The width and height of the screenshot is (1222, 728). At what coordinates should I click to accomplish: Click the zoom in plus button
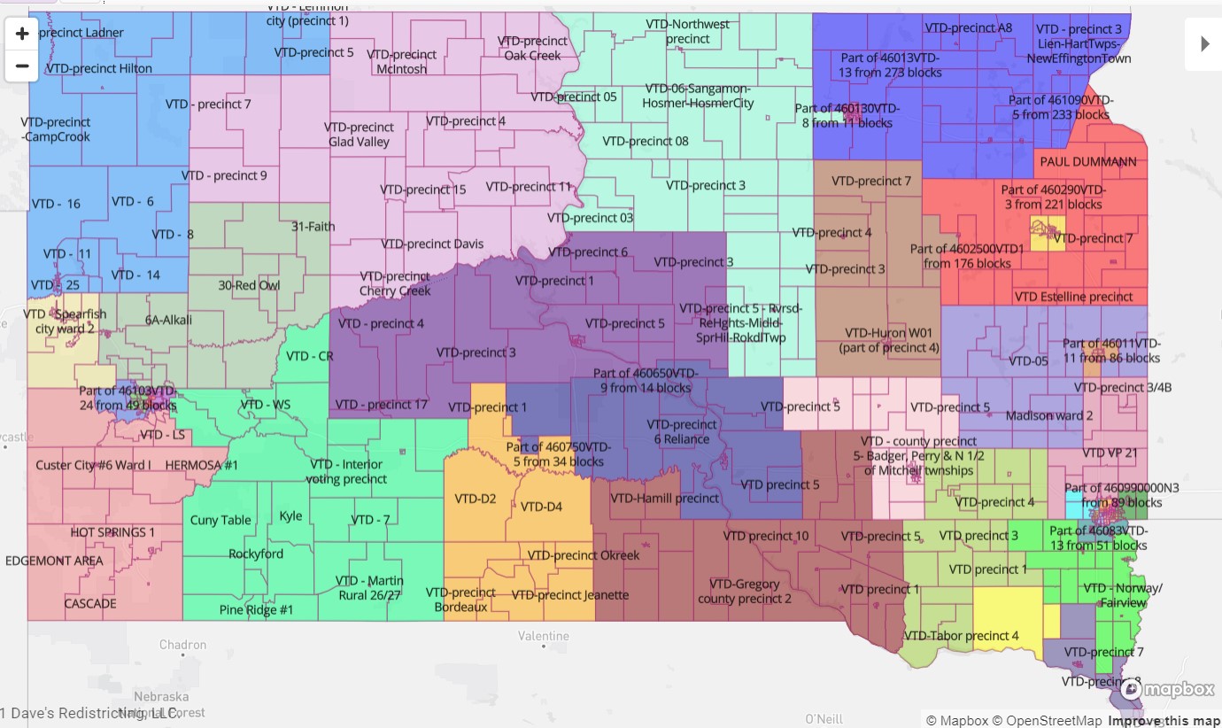tap(22, 35)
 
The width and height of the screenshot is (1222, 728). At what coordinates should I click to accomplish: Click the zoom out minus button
tap(22, 66)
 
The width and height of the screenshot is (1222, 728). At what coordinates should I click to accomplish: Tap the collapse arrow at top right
tap(1204, 43)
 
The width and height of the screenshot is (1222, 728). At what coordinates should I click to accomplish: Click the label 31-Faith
tap(313, 226)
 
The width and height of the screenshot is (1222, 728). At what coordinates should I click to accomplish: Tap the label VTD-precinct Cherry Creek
tap(395, 283)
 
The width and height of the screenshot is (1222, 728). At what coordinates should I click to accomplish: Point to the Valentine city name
tap(544, 636)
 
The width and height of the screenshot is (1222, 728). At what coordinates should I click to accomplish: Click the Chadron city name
tap(182, 645)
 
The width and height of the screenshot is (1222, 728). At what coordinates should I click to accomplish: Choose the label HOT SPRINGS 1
tap(112, 532)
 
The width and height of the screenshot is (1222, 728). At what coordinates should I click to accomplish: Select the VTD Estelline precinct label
tap(1073, 297)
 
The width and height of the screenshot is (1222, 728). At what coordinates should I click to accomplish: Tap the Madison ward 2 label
tap(1049, 415)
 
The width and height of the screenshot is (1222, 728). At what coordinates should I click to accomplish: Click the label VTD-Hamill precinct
tap(665, 498)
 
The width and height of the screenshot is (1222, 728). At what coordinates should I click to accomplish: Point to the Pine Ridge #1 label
tap(256, 609)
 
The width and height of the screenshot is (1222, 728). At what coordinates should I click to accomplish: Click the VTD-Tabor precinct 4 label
tap(961, 635)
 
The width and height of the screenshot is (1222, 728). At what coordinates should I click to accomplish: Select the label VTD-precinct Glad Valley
tap(359, 135)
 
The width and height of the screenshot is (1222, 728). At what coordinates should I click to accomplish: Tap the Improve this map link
tap(1164, 720)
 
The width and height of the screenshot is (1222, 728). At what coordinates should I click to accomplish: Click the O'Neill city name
tap(824, 718)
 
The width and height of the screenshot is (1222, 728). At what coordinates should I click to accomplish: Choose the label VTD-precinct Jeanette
tap(570, 595)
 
